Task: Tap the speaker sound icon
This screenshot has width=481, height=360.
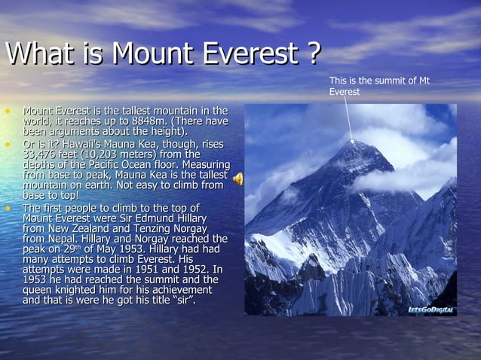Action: pos(237,178)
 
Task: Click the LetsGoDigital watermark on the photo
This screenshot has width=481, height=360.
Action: pos(430,310)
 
